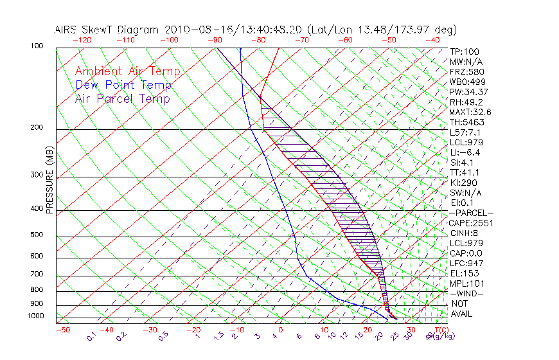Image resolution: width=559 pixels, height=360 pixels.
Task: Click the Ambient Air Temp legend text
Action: tap(127, 71)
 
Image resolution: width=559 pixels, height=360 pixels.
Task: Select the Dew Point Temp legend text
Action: tap(123, 85)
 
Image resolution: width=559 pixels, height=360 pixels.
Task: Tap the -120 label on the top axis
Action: tap(82, 40)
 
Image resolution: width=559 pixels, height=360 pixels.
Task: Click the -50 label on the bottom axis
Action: tap(62, 330)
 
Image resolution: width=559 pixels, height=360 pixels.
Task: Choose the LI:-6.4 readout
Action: tap(465, 152)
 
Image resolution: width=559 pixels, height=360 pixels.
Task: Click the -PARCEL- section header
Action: tap(471, 213)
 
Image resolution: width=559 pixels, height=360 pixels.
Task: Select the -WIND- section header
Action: tap(466, 293)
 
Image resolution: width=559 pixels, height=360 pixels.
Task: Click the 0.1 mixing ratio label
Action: tap(91, 336)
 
